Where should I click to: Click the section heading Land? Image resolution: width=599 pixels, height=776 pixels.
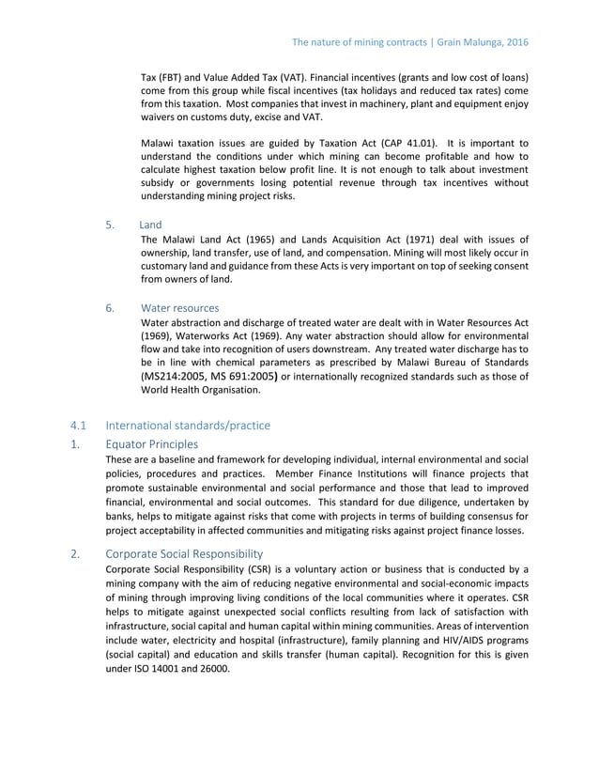[x=150, y=225]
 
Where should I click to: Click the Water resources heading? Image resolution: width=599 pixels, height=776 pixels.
[x=179, y=307]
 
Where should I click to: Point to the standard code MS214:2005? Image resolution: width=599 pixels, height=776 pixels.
[x=171, y=376]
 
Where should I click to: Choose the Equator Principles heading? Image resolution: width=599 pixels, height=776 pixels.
[x=151, y=443]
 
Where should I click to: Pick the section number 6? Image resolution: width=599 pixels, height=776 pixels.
[x=110, y=307]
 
